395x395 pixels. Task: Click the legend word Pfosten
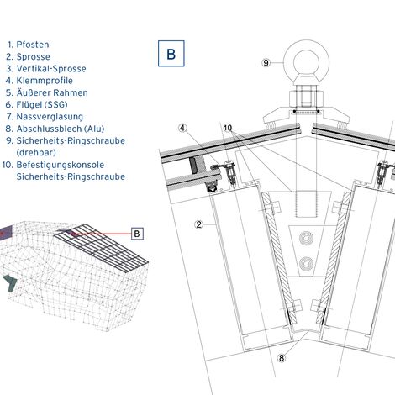(x=33, y=45)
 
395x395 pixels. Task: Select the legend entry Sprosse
(x=33, y=56)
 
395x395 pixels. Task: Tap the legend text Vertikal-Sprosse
(x=51, y=69)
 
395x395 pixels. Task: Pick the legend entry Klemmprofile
(x=45, y=81)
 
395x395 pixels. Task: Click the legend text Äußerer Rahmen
(x=52, y=92)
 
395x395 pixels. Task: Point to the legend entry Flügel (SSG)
(x=42, y=105)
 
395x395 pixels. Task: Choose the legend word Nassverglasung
(x=50, y=117)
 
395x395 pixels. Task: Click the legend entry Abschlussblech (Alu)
(x=61, y=129)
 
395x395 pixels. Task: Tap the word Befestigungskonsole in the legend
(x=61, y=165)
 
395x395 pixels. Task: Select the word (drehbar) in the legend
(x=36, y=153)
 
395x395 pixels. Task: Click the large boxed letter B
(x=171, y=54)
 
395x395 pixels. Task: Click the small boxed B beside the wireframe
(x=137, y=234)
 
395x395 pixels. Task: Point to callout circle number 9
(x=266, y=63)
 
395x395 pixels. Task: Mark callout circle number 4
(x=182, y=129)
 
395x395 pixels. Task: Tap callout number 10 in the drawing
(x=228, y=129)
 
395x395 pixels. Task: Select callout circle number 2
(x=199, y=224)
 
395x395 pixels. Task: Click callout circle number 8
(x=282, y=358)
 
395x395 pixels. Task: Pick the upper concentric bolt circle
(x=306, y=239)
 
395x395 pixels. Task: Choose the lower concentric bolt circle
(x=306, y=264)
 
